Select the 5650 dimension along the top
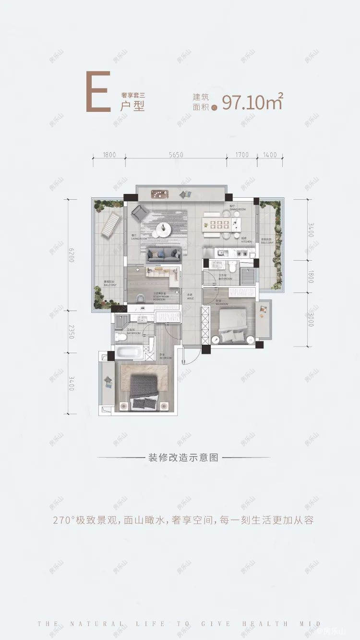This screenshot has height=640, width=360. (176, 155)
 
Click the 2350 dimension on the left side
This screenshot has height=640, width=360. (72, 331)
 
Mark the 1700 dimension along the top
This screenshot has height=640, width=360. (242, 155)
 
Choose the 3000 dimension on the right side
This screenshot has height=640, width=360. (311, 319)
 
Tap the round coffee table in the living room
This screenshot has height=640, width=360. (164, 229)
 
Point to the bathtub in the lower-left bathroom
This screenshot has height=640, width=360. (129, 352)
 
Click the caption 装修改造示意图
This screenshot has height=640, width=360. (183, 458)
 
